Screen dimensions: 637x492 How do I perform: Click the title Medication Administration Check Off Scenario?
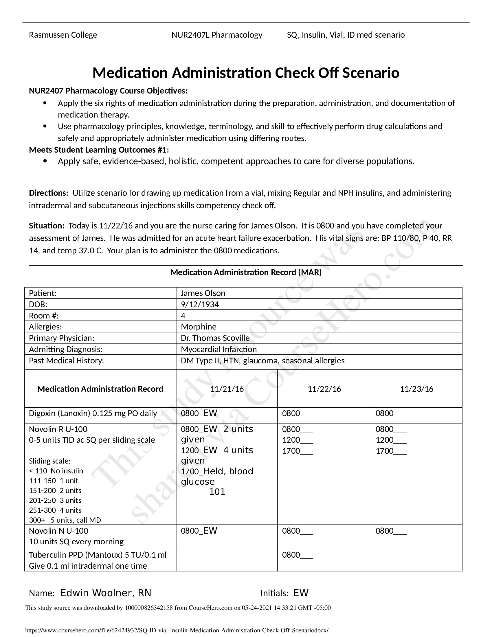246,73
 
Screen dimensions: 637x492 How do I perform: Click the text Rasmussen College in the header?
63,35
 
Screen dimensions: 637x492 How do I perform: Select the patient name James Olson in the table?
203,293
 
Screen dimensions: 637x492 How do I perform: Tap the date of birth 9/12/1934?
200,305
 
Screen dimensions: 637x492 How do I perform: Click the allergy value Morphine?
199,327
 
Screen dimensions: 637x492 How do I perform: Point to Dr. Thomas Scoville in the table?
215,338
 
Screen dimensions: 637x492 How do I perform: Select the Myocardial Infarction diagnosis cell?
219,349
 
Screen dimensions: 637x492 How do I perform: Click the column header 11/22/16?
324,389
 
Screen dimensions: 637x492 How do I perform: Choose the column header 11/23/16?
416,389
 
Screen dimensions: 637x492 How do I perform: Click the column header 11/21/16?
227,389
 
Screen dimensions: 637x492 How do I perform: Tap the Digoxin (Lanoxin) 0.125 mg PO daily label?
93,413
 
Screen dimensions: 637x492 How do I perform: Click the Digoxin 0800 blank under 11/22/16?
302,413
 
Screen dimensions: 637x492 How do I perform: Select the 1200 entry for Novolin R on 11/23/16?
391,440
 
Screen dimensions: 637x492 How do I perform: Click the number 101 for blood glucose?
217,492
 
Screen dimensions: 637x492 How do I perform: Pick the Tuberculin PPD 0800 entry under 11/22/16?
297,555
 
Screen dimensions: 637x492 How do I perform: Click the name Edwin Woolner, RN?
106,593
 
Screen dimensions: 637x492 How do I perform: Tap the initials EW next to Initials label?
301,593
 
